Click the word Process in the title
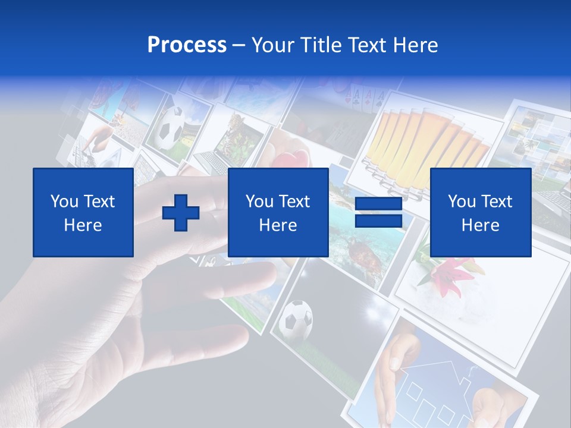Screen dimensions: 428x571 [x=187, y=45]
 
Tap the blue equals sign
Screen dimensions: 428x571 [x=378, y=212]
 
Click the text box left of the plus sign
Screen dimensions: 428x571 [x=83, y=212]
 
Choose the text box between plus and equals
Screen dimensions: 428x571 [x=278, y=212]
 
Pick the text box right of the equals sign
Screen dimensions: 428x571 [x=480, y=212]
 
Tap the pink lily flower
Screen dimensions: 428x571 [x=451, y=274]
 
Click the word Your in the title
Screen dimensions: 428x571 [x=272, y=45]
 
